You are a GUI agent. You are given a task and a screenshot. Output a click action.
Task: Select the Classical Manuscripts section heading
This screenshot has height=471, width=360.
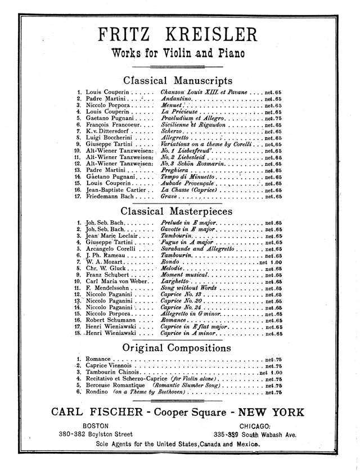click(x=178, y=80)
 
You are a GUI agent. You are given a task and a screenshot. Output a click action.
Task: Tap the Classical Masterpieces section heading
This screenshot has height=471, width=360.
click(x=178, y=211)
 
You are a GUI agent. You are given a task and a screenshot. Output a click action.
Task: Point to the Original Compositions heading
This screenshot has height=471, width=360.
click(x=178, y=348)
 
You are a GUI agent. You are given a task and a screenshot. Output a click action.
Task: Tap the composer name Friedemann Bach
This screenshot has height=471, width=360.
click(x=110, y=197)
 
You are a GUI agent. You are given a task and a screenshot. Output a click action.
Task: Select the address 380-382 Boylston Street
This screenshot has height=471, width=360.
click(x=95, y=434)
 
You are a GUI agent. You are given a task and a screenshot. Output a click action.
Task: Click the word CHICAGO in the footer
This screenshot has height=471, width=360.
click(x=256, y=426)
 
